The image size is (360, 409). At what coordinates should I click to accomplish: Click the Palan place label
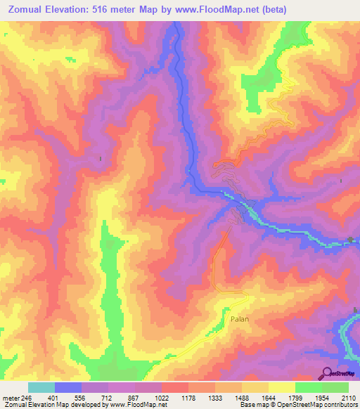(240, 318)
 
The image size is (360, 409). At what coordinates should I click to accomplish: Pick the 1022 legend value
(162, 397)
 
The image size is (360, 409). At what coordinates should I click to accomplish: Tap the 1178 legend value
(188, 397)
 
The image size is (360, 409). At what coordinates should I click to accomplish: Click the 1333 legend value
(215, 397)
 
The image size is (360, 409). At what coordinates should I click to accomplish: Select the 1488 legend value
(242, 397)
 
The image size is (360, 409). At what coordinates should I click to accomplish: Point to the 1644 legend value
(269, 397)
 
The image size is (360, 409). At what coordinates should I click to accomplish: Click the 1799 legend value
(295, 397)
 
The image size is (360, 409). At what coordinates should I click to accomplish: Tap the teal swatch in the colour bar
(41, 387)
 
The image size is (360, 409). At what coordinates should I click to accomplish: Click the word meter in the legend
(10, 397)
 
